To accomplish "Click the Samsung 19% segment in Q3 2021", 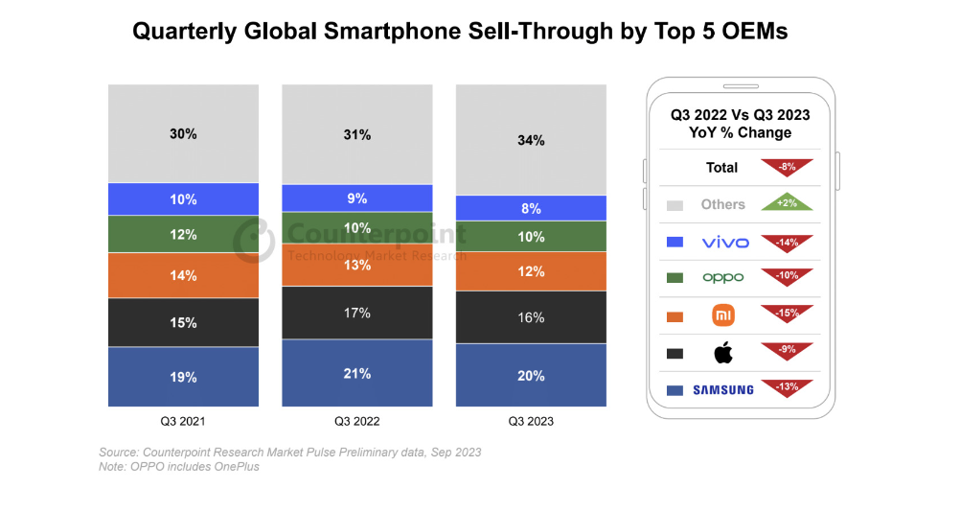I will tap(183, 377).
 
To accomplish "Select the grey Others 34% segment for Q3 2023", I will tap(531, 140).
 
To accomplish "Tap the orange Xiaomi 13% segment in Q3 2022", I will tap(357, 265).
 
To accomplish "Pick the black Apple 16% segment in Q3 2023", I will tap(531, 317).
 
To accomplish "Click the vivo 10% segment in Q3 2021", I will tap(183, 199).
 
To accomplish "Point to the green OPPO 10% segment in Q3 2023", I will tap(531, 237).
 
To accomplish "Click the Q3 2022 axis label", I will tap(357, 421).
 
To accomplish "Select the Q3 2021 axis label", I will tap(183, 421).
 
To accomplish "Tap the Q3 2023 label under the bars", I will tap(531, 421).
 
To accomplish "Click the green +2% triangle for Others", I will tap(787, 203).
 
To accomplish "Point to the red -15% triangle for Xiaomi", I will tap(787, 313).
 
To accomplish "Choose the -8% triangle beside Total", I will tap(787, 166).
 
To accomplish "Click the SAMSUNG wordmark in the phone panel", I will tap(723, 389).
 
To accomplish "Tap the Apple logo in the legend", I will tap(723, 353).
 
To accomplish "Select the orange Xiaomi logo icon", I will tap(723, 315).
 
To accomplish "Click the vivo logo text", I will tap(724, 242).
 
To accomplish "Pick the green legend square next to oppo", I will tap(674, 278).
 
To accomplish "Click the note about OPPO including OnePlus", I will tap(179, 467).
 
